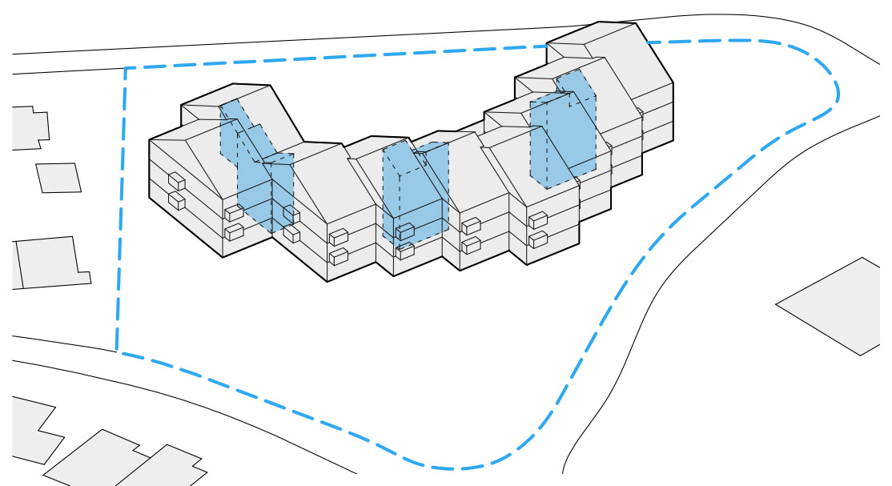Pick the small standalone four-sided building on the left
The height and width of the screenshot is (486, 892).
coord(58,177)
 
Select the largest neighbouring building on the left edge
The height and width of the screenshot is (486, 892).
coord(48,262)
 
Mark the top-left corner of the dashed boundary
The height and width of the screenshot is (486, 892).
coord(126,69)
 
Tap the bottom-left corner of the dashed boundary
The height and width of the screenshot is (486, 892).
coord(117,351)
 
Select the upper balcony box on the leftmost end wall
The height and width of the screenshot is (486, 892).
coord(176,182)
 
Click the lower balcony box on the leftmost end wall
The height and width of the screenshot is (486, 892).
coord(176,200)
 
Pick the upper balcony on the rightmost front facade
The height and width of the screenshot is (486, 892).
coord(538,219)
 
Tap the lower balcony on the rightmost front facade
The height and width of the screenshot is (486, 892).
coord(538,239)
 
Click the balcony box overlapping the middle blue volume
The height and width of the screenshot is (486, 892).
coord(404,231)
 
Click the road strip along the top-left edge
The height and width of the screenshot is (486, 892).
coord(64,63)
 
